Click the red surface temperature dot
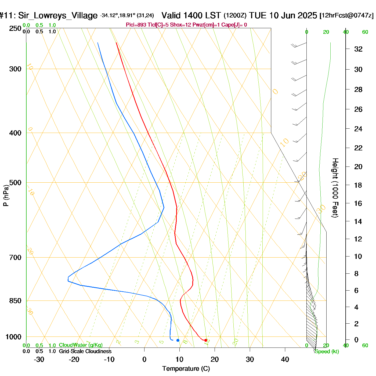[x=206, y=340]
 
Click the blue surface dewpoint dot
[x=178, y=340]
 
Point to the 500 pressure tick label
[x=15, y=183]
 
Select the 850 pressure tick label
[x=15, y=301]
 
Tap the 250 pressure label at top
[x=15, y=28]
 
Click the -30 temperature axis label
[x=39, y=359]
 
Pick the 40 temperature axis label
[x=285, y=359]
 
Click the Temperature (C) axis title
[x=186, y=369]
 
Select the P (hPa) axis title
[x=6, y=195]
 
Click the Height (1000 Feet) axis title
[x=335, y=188]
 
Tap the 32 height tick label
[x=358, y=49]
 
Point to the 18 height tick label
[x=358, y=185]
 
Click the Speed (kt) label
[x=327, y=352]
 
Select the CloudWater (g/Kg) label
[x=81, y=345]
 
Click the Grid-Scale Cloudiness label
[x=85, y=351]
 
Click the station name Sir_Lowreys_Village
[x=58, y=16]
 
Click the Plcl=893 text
[x=136, y=25]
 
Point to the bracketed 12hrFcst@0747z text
[x=346, y=16]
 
